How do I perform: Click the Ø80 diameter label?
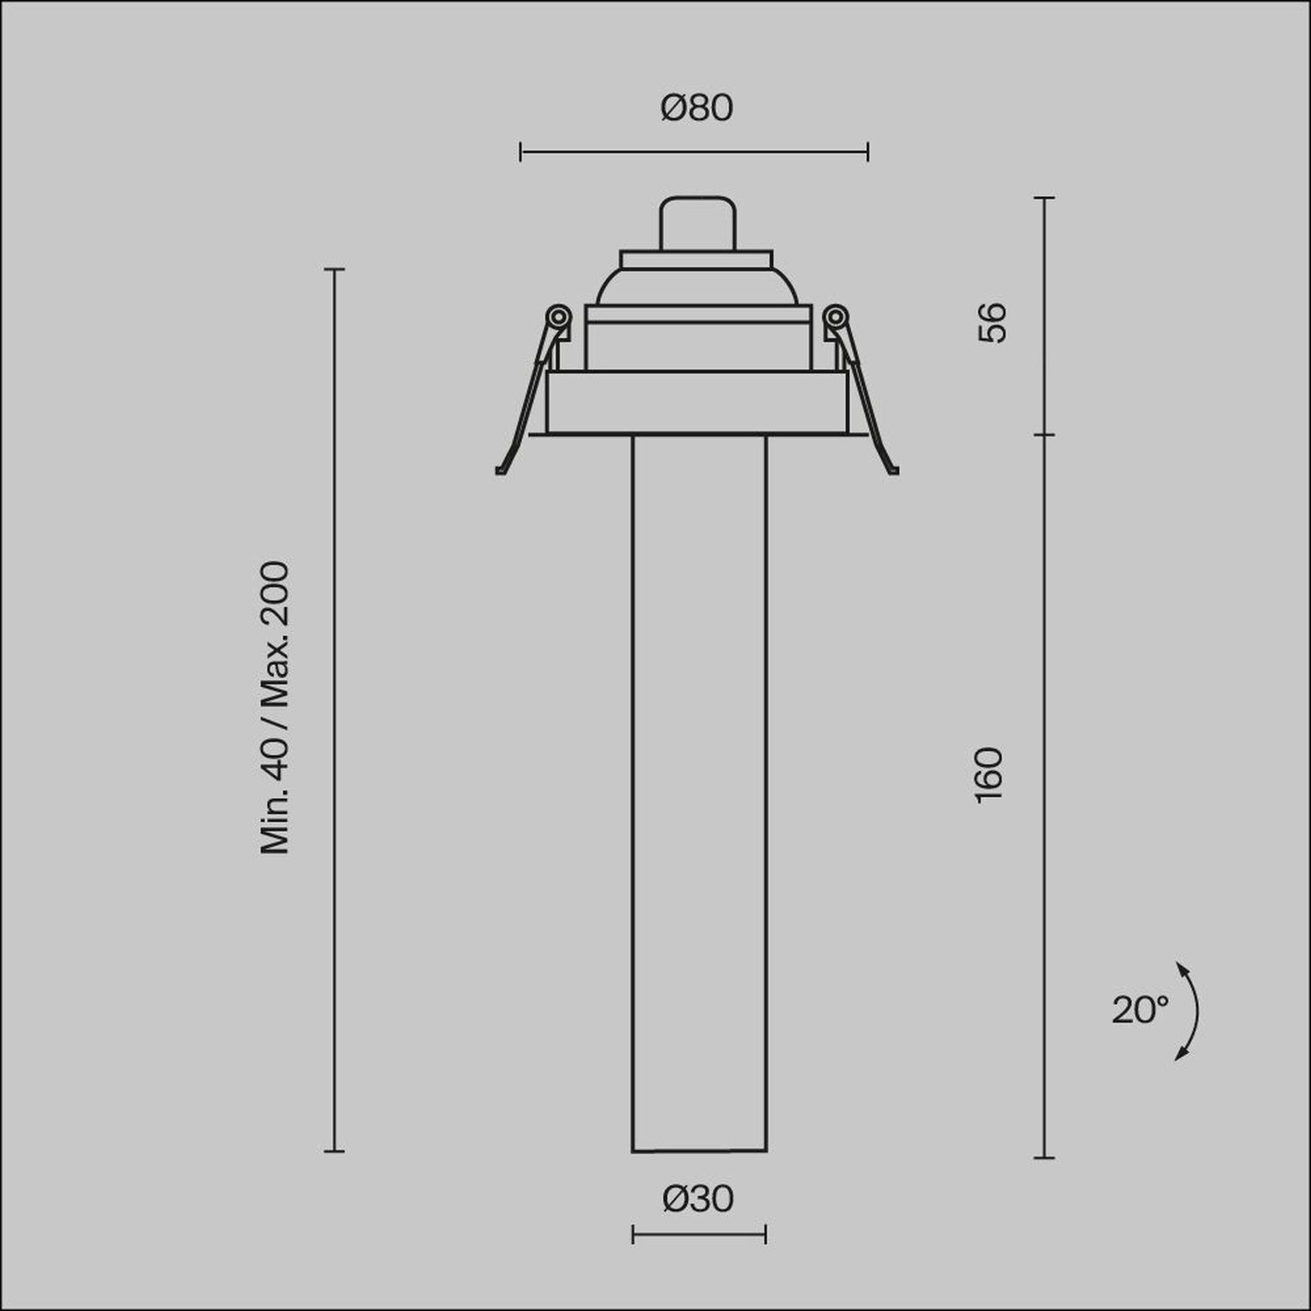click(x=697, y=108)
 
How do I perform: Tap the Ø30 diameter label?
click(x=698, y=1199)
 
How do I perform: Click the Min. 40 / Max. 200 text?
click(x=274, y=708)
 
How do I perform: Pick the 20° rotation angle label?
click(x=1140, y=1010)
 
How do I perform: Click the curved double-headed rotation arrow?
click(x=1191, y=1011)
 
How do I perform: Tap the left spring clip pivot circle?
click(x=558, y=316)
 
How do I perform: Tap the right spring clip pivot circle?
click(x=836, y=316)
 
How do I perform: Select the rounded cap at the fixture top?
click(x=696, y=224)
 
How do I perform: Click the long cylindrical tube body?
click(x=698, y=787)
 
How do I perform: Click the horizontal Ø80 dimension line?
click(x=694, y=152)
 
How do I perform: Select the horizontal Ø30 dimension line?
click(x=698, y=1235)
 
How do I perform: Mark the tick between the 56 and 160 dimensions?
click(x=1044, y=434)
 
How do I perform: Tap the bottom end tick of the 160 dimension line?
click(x=1044, y=1158)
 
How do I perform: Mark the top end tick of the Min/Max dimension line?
click(x=334, y=269)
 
